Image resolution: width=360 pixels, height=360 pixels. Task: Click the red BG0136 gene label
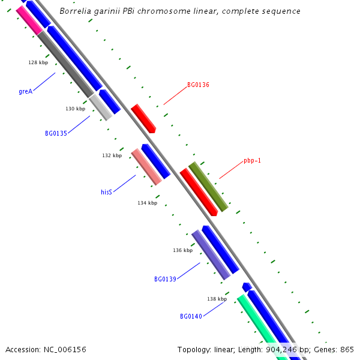pos(198,85)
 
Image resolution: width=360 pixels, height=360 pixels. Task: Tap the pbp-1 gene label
pos(252,161)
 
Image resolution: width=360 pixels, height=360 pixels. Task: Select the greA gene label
pos(25,92)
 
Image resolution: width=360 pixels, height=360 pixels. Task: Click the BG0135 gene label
pos(56,133)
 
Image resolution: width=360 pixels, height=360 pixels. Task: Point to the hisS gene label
pos(106,193)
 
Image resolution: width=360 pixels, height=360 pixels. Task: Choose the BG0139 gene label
pos(165,279)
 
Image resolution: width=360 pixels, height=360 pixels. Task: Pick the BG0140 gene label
pos(191,316)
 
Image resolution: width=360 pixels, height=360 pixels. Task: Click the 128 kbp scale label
pos(38,62)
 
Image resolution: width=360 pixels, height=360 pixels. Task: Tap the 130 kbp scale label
pos(75,109)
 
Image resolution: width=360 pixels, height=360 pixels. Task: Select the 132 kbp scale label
pos(112,155)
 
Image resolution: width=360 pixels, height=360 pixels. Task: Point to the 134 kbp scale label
pos(147,203)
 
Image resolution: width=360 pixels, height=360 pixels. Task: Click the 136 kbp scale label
pos(182,250)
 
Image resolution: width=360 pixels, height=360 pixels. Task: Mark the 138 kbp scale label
pos(217,299)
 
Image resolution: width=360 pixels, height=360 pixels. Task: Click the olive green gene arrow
pos(208,187)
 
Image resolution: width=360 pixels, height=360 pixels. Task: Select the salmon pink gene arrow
pos(146,167)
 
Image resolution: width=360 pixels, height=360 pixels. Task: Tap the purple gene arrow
pos(211,254)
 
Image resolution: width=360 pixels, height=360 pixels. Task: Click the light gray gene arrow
pos(101,107)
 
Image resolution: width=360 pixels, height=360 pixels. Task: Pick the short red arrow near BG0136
pos(143,118)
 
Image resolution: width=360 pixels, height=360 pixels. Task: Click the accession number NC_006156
pos(46,349)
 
